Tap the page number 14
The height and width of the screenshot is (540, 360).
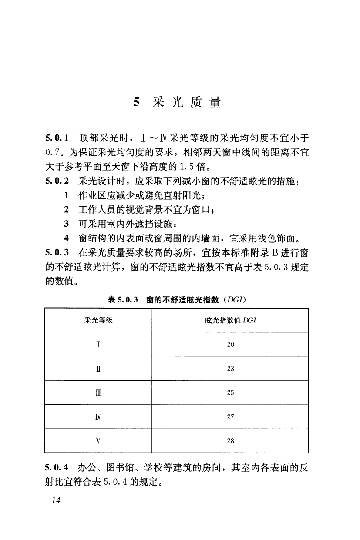point(55,500)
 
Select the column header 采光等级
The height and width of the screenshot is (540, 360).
point(98,320)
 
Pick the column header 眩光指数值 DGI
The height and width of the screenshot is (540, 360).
point(230,320)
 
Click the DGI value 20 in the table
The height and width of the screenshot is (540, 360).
point(230,344)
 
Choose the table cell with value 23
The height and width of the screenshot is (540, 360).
point(230,369)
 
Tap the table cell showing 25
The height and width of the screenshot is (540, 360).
point(230,392)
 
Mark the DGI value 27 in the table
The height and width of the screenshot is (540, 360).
point(230,416)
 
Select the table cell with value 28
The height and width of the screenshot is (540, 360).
point(230,441)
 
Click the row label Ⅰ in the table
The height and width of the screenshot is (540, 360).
point(99,344)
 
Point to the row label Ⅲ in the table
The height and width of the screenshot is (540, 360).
point(99,392)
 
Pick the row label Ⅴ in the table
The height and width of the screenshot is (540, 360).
point(99,441)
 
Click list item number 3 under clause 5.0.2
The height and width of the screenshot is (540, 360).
point(67,224)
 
